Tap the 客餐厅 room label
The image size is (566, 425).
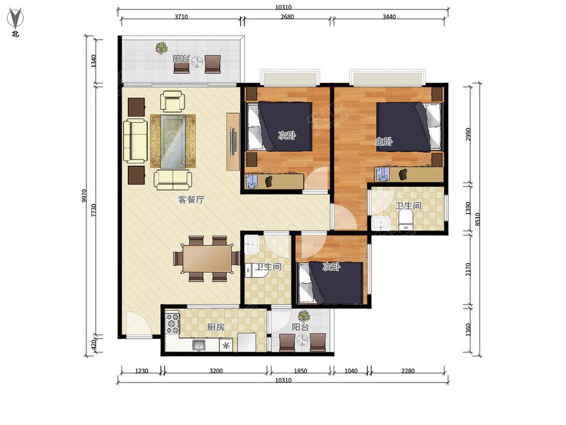coord(191,199)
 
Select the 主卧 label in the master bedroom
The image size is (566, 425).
coord(384,141)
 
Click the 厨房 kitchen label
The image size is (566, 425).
coord(216,327)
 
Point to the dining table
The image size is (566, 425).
coord(207,258)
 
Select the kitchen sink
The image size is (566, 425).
coord(199,345)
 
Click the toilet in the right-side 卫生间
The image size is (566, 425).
coord(406,220)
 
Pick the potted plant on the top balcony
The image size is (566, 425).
coord(161,48)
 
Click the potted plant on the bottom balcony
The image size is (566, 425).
coord(304,316)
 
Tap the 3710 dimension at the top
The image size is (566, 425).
coord(181,17)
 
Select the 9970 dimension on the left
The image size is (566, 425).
coord(84,196)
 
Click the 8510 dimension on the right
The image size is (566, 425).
coord(477,220)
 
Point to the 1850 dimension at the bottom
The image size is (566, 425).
coord(300,371)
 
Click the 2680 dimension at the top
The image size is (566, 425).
coord(287,17)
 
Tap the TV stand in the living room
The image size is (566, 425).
coord(233,141)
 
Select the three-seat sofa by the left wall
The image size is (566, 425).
coord(135,141)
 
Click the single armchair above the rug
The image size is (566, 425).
coord(173,101)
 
